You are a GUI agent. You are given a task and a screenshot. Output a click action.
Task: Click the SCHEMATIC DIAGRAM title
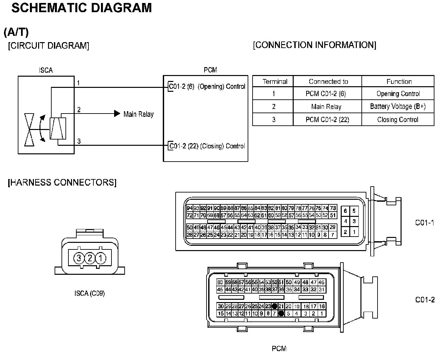[x=82, y=8]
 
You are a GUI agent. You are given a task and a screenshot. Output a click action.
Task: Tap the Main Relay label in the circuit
[x=138, y=114]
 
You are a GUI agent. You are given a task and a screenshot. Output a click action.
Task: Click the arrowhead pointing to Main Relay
[x=117, y=114]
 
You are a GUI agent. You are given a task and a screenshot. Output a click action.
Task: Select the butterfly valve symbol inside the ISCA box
[x=30, y=130]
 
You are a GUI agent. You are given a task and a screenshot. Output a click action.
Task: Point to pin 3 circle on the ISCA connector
[x=79, y=258]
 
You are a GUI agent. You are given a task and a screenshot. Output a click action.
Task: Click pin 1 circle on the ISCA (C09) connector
[x=101, y=258]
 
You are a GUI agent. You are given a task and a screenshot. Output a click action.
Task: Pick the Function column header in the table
[x=399, y=82]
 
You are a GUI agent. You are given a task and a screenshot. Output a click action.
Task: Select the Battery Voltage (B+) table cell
[x=398, y=106]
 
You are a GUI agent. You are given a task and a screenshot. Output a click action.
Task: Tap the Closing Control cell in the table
[x=398, y=119]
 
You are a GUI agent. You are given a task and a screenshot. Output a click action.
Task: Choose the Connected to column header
[x=328, y=82]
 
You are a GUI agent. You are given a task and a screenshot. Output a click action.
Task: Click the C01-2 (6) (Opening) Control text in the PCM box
[x=207, y=87]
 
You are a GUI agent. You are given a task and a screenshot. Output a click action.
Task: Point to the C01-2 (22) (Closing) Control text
[x=207, y=146]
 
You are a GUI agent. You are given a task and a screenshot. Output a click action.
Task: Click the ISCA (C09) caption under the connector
[x=89, y=293]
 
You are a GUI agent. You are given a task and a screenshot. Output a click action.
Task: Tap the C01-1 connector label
[x=425, y=223]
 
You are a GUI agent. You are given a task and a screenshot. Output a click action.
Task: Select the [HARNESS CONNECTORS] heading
[x=62, y=182]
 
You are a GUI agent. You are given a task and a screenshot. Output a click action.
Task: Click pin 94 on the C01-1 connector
[x=189, y=208]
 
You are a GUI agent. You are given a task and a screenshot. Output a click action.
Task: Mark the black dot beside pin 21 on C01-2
[x=275, y=306]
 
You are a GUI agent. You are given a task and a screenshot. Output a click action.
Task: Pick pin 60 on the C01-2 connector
[x=220, y=282]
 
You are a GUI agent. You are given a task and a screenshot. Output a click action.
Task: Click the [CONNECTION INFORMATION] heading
[x=314, y=45]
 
